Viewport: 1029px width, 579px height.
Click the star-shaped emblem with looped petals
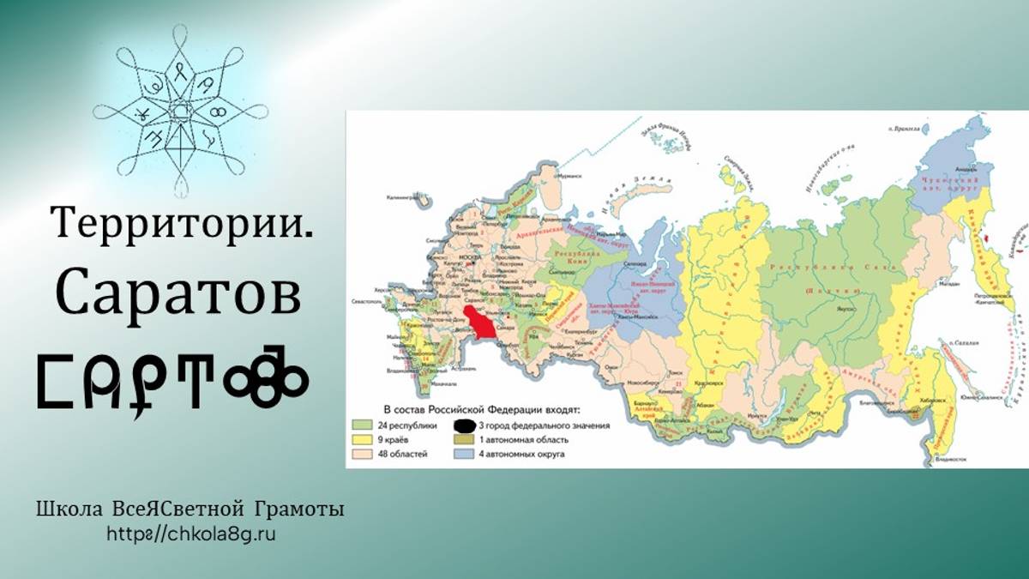click(180, 111)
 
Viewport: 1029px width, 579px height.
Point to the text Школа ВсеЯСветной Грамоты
click(190, 510)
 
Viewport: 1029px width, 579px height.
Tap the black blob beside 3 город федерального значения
click(465, 425)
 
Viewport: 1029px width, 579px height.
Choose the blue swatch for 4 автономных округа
click(465, 454)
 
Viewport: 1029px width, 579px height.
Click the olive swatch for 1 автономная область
click(465, 440)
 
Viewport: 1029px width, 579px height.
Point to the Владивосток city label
click(959, 459)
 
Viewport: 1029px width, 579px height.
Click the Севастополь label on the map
click(364, 303)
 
